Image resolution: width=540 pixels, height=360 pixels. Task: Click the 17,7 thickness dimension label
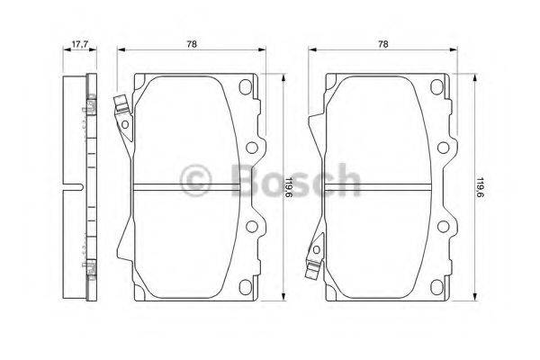pos(78,42)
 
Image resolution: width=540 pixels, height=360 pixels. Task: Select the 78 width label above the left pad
pos(192,42)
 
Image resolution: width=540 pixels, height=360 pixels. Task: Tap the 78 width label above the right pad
pos(383,42)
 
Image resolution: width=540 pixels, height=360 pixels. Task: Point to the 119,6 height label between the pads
pos(288,190)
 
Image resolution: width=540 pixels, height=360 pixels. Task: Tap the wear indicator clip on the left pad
pos(120,113)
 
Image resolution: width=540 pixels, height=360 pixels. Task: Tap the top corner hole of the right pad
pos(436,87)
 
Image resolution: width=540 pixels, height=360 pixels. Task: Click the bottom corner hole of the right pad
pos(436,287)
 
